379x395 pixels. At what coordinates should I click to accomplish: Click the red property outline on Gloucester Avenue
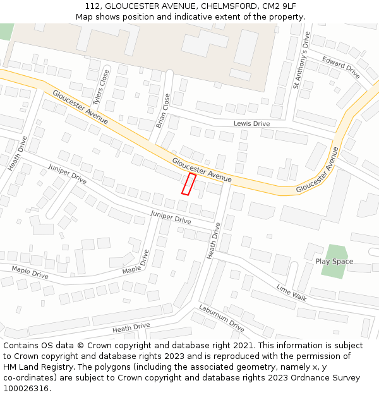click(x=189, y=183)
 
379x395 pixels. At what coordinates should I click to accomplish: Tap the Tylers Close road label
click(x=101, y=87)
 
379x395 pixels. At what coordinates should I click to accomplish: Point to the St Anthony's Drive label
click(x=301, y=61)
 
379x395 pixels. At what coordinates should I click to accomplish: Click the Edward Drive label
click(x=341, y=68)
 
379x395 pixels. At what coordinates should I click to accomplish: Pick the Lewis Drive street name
click(x=251, y=123)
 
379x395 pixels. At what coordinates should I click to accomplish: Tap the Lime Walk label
click(x=291, y=291)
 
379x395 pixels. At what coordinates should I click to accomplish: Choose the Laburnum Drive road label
click(x=221, y=318)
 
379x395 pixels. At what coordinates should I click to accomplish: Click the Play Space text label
click(x=334, y=261)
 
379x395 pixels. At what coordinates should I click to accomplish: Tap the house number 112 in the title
click(x=92, y=6)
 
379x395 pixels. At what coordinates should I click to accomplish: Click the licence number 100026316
click(x=27, y=389)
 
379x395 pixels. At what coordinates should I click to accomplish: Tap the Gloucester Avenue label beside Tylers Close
click(x=80, y=107)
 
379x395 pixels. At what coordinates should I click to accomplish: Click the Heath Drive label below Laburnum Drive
click(x=131, y=327)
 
